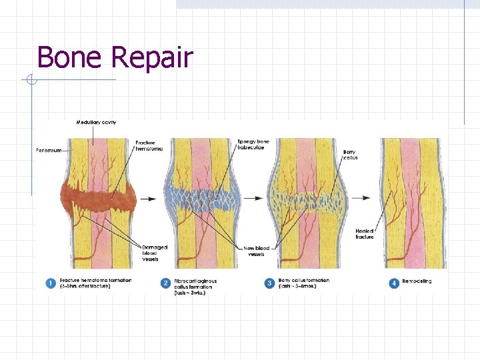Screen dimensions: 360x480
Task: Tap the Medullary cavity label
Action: click(x=96, y=123)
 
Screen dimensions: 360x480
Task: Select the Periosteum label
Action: click(x=49, y=151)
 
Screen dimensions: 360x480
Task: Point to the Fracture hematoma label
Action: click(x=149, y=146)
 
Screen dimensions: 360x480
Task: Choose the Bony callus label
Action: click(x=350, y=155)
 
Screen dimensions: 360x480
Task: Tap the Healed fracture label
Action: click(x=365, y=233)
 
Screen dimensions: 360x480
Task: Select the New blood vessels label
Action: click(x=257, y=251)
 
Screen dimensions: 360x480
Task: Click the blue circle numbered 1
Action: click(x=51, y=283)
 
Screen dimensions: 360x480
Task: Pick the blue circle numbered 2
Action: click(x=165, y=284)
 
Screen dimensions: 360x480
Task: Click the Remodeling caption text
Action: click(x=417, y=281)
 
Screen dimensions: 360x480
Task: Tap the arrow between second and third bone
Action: click(x=253, y=198)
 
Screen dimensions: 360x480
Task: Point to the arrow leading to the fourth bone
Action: click(x=361, y=198)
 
